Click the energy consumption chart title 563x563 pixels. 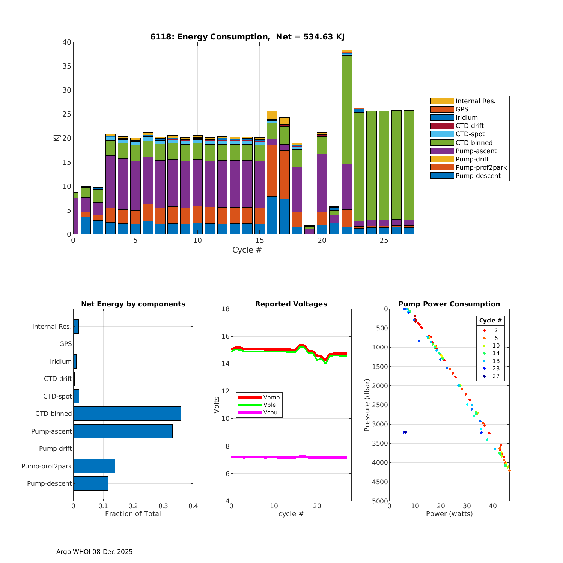pos(247,37)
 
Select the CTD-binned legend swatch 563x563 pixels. pos(442,143)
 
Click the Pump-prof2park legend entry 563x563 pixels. pos(481,167)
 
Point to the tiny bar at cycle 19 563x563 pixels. pos(309,230)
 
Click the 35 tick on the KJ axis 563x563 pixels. pos(67,66)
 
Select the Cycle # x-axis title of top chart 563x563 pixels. pos(247,250)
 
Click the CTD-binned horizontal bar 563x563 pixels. pos(127,414)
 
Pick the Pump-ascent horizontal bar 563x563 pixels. pos(123,431)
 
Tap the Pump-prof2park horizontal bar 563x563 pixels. pos(94,466)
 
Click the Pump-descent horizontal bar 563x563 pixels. pos(90,483)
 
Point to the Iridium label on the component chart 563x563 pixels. pos(60,361)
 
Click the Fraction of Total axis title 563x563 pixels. pos(133,514)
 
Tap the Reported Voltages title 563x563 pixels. pos(291,304)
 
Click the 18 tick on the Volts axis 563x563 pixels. pos(225,309)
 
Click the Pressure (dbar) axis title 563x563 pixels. pos(367,405)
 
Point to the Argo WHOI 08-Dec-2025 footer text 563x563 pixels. pos(94,552)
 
